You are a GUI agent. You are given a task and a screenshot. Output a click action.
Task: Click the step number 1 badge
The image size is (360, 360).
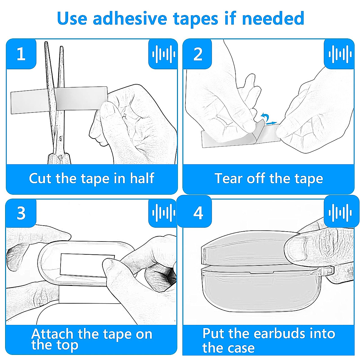click(21, 54)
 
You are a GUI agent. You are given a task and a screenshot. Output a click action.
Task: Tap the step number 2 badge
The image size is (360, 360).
click(197, 54)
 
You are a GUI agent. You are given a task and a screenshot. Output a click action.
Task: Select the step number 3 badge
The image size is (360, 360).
click(21, 213)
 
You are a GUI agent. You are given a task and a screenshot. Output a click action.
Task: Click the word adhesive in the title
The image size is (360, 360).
click(130, 18)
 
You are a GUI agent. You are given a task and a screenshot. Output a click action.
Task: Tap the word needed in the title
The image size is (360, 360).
click(273, 18)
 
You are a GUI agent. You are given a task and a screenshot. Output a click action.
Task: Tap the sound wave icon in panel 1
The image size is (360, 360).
click(164, 54)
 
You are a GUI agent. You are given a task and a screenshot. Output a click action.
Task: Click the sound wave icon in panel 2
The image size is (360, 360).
click(340, 54)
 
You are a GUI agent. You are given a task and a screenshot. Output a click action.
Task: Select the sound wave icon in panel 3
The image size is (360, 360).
click(164, 213)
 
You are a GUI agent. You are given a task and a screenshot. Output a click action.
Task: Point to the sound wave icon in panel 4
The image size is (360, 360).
click(340, 213)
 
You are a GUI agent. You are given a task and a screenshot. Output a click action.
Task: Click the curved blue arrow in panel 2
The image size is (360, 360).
click(265, 117)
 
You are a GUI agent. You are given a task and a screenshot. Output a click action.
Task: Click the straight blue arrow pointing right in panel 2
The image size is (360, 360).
click(271, 123)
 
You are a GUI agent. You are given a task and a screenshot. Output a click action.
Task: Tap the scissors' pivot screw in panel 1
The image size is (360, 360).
click(61, 139)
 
